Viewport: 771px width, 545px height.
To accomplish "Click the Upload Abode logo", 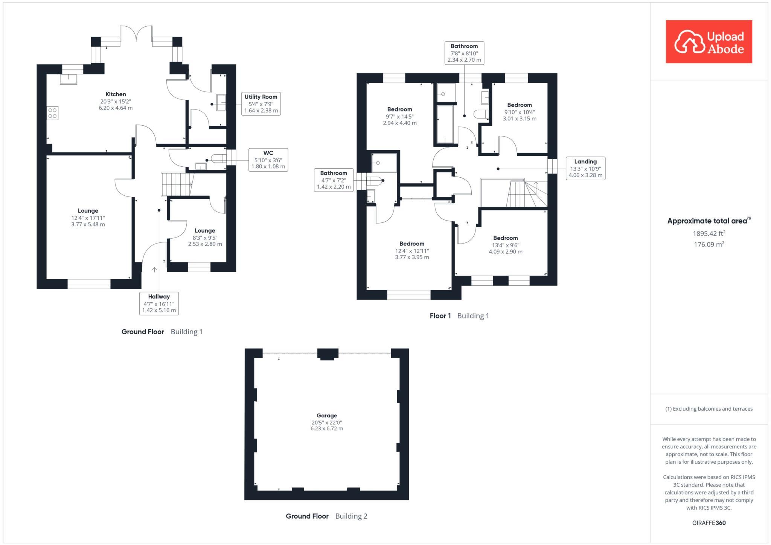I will click(x=709, y=42).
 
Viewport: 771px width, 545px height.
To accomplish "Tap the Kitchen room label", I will click(x=116, y=100).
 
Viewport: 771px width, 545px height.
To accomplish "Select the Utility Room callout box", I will click(x=261, y=104).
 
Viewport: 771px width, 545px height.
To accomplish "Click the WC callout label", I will click(x=268, y=159).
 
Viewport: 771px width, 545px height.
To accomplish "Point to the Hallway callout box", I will click(x=158, y=303).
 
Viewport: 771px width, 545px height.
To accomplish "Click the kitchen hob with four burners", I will click(x=52, y=113).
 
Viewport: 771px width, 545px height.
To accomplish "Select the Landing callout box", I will click(x=585, y=168).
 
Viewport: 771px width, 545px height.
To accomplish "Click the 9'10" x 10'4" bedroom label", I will click(x=519, y=111).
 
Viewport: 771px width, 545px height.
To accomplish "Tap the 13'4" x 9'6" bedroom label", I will click(x=505, y=245).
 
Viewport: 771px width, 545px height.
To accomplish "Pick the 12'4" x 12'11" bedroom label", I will click(x=412, y=250).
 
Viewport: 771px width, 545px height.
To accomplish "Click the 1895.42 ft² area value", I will click(x=709, y=233).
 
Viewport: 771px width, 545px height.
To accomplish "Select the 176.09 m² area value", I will click(x=709, y=244).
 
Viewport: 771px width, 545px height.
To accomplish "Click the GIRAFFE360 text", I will click(x=709, y=523).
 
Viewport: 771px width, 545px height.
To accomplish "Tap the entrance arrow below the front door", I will click(x=154, y=269).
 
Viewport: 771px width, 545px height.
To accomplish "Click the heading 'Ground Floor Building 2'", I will click(x=326, y=516).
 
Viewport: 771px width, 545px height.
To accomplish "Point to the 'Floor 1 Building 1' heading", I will click(x=459, y=316).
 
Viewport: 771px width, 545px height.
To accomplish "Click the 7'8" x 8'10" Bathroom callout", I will click(x=464, y=53).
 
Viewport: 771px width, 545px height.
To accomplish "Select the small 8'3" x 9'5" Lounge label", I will click(x=205, y=237).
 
